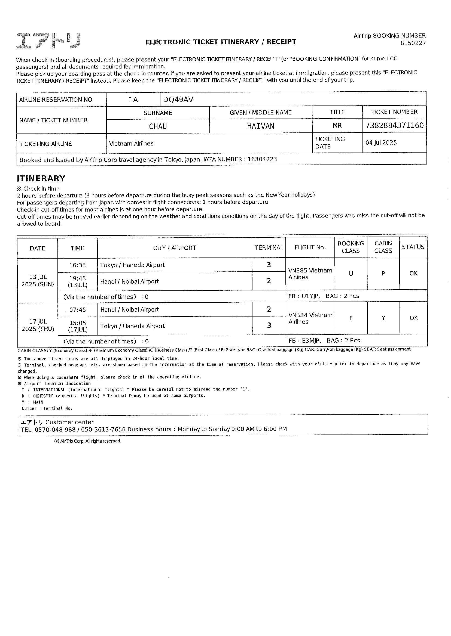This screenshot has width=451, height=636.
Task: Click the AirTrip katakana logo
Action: (48, 41)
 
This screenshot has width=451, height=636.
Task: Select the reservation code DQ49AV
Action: (178, 100)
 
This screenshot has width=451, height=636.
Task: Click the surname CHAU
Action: (158, 126)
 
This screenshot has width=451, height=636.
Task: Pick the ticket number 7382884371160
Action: (394, 126)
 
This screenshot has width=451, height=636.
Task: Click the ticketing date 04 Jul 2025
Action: (381, 142)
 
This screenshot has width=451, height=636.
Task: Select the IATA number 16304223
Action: (262, 159)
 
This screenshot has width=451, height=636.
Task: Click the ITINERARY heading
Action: (41, 178)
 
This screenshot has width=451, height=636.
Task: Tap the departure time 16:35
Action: (77, 265)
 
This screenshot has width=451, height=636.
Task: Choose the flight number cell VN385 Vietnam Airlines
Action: (310, 274)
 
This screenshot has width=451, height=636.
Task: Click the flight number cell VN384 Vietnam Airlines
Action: (310, 318)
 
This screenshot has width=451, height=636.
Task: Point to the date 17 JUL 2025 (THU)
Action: (38, 325)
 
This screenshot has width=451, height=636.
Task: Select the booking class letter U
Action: (351, 274)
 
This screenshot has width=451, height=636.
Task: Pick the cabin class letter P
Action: (383, 274)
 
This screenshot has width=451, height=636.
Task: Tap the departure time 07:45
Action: (77, 310)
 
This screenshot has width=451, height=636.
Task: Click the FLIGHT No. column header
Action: (310, 247)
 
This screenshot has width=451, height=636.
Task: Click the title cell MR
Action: (337, 126)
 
